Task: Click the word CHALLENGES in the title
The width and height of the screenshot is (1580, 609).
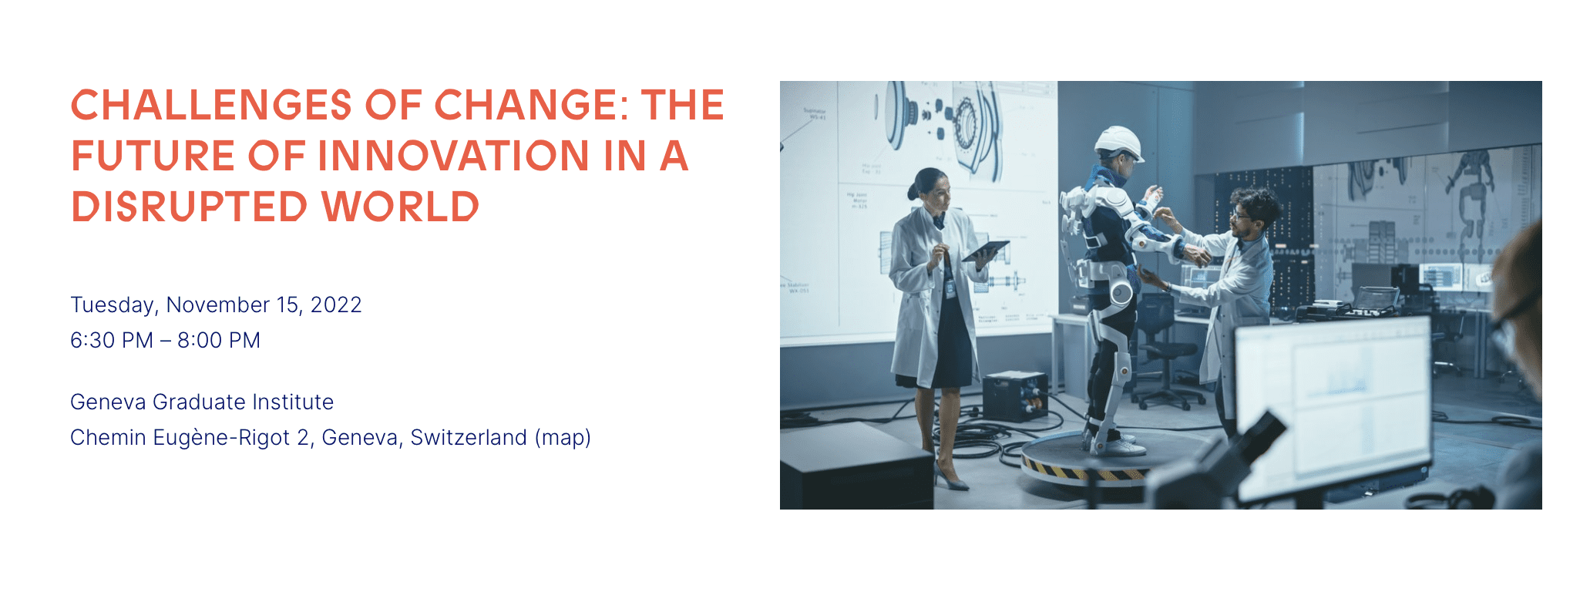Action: click(x=212, y=105)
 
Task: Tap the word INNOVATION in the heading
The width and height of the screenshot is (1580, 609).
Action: click(x=453, y=156)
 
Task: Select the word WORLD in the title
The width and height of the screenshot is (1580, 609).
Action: click(x=400, y=207)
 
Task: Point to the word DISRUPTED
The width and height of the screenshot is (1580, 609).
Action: click(x=190, y=207)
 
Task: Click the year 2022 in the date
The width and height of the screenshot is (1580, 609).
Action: click(x=336, y=305)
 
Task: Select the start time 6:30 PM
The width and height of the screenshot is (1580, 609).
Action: click(x=112, y=341)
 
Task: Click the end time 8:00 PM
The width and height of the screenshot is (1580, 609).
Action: click(x=219, y=341)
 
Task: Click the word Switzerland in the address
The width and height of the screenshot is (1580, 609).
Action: click(x=469, y=438)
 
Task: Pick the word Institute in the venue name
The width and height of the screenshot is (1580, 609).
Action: click(x=293, y=402)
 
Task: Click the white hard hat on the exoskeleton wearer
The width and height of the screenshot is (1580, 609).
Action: click(x=1118, y=143)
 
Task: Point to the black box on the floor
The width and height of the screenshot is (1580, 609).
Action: click(x=1014, y=396)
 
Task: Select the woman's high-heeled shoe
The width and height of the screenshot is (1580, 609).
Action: click(x=951, y=477)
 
